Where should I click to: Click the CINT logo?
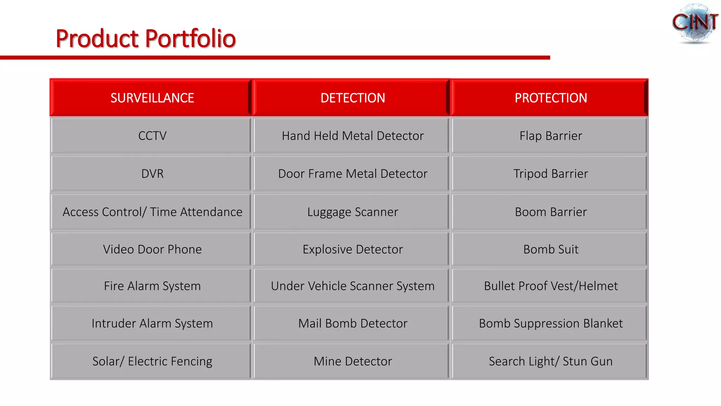[695, 23]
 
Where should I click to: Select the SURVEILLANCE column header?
[152, 98]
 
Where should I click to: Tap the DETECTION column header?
[352, 98]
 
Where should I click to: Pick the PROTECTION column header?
[551, 98]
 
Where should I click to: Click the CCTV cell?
[152, 136]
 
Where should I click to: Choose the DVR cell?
[152, 174]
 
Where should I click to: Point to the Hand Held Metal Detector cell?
[352, 136]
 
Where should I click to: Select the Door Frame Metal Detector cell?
[352, 174]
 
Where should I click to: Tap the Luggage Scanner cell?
[352, 212]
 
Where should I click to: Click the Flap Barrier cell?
[551, 136]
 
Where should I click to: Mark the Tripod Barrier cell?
[551, 174]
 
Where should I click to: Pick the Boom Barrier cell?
[551, 212]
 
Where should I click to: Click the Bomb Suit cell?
[551, 249]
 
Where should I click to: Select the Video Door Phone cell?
[152, 249]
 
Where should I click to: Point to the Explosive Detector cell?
[352, 249]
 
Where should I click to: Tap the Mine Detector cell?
[352, 361]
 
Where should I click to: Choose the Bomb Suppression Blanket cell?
[551, 323]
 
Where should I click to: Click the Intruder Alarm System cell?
[152, 323]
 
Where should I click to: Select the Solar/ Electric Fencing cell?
[152, 361]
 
